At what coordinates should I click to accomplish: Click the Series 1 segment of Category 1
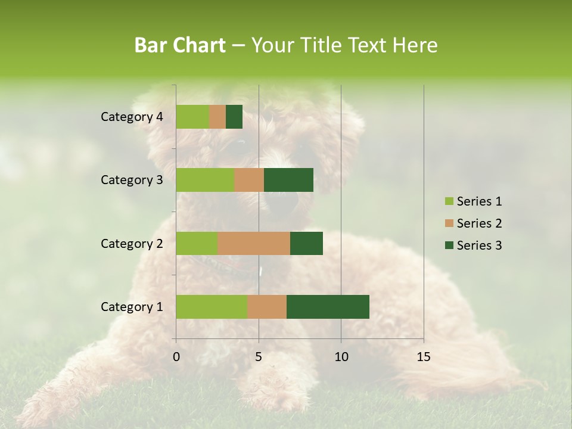[x=212, y=307]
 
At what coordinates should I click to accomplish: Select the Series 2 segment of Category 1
[x=267, y=307]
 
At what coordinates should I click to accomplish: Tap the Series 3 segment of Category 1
[x=328, y=307]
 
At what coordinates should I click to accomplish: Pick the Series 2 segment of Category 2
[x=254, y=243]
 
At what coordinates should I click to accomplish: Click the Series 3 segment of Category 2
[x=306, y=243]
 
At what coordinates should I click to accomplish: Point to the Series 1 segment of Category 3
[x=205, y=180]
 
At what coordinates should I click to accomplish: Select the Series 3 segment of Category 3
[x=288, y=180]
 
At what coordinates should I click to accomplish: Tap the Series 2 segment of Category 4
[x=217, y=117]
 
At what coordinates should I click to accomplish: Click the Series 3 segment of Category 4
[x=234, y=117]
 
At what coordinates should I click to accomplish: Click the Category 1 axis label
[x=132, y=307]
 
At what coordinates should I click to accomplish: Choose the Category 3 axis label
[x=132, y=180]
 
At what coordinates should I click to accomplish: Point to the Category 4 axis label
[x=132, y=117]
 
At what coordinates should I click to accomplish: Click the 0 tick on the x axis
[x=176, y=357]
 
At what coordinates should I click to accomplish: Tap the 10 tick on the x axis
[x=341, y=357]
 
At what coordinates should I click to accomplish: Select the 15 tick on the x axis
[x=424, y=357]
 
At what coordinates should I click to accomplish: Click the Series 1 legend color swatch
[x=449, y=201]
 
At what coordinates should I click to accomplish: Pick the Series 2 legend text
[x=480, y=223]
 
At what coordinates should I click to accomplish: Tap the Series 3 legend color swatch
[x=449, y=245]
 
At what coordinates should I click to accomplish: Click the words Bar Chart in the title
[x=180, y=45]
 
